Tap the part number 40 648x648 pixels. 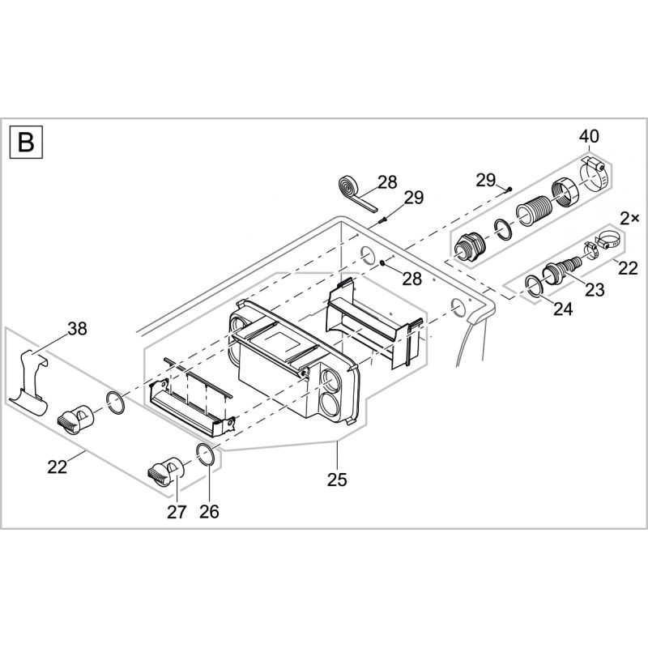point(589,136)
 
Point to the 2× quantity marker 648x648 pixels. point(629,218)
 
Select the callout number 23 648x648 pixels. point(595,290)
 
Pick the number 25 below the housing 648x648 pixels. point(337,480)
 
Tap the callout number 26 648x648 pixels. point(209,511)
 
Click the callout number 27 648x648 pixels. point(177,511)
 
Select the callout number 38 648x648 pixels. point(77,329)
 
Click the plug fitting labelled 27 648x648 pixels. point(166,470)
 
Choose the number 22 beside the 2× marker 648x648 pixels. point(629,268)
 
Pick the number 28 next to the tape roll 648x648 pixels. point(387,182)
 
